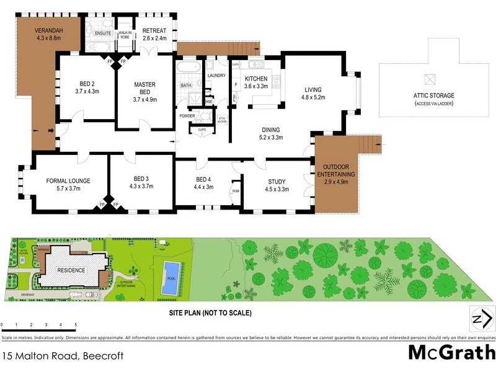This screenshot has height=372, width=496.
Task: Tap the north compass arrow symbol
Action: pos(482,319)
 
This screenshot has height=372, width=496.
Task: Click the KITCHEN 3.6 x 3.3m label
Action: pos(255,82)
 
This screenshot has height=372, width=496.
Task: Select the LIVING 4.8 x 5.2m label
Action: pos(313,93)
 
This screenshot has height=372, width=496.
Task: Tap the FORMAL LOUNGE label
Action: pos(68,185)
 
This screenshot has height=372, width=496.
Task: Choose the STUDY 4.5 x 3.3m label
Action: pos(277,185)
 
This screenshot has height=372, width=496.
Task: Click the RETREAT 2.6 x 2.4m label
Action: pos(154,34)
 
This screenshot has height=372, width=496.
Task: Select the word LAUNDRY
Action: pos(216,76)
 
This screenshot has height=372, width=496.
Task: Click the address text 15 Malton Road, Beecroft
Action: pos(63,356)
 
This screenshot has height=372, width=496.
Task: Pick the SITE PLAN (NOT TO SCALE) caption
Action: pos(211,313)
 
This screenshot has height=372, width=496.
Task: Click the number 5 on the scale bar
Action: pos(76,325)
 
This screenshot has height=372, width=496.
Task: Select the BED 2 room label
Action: pos(87,88)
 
